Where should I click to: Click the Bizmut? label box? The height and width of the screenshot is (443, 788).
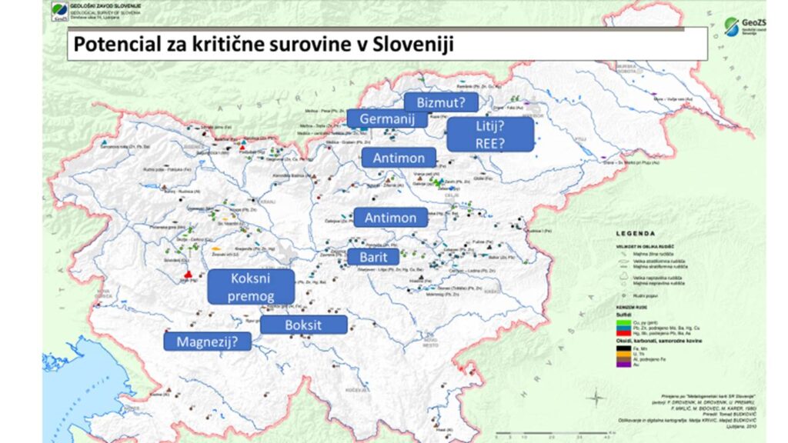pos(441,102)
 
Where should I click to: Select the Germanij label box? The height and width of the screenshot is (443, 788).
pos(386,119)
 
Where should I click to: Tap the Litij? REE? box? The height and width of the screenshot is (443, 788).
pos(490,135)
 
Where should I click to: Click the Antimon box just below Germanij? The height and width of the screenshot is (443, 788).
pos(399,158)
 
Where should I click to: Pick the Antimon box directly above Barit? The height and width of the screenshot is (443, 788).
pos(390,218)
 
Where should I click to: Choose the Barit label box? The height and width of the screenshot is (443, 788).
pos(373,257)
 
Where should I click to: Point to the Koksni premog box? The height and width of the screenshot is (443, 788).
pos(251,287)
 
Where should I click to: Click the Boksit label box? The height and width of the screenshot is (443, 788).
pos(303,325)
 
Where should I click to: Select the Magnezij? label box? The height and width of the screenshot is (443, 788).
pos(208,341)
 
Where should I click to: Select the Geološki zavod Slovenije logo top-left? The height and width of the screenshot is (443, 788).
pos(60,12)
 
